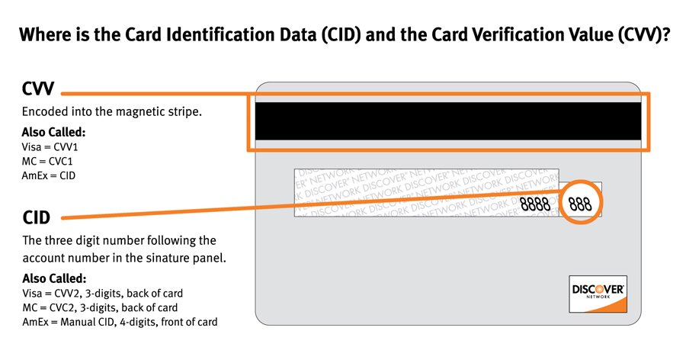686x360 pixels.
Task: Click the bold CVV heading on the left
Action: click(x=37, y=89)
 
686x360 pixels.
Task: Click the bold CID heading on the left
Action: click(x=36, y=218)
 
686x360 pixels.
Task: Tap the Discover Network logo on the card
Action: click(x=598, y=293)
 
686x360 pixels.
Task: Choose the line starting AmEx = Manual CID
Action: click(x=120, y=322)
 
